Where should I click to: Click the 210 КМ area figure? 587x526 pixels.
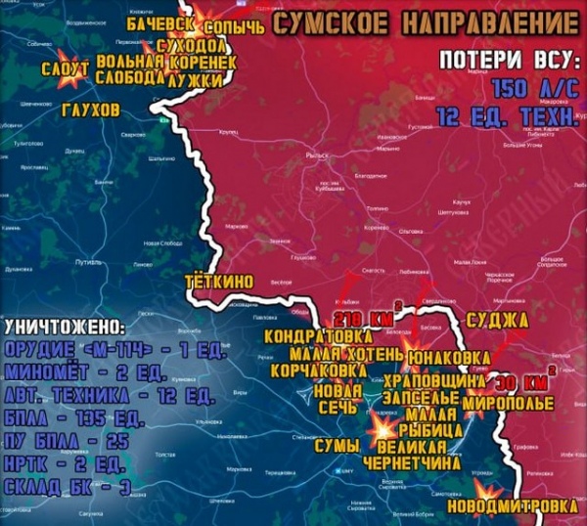363,320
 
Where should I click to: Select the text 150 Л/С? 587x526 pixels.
534,88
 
